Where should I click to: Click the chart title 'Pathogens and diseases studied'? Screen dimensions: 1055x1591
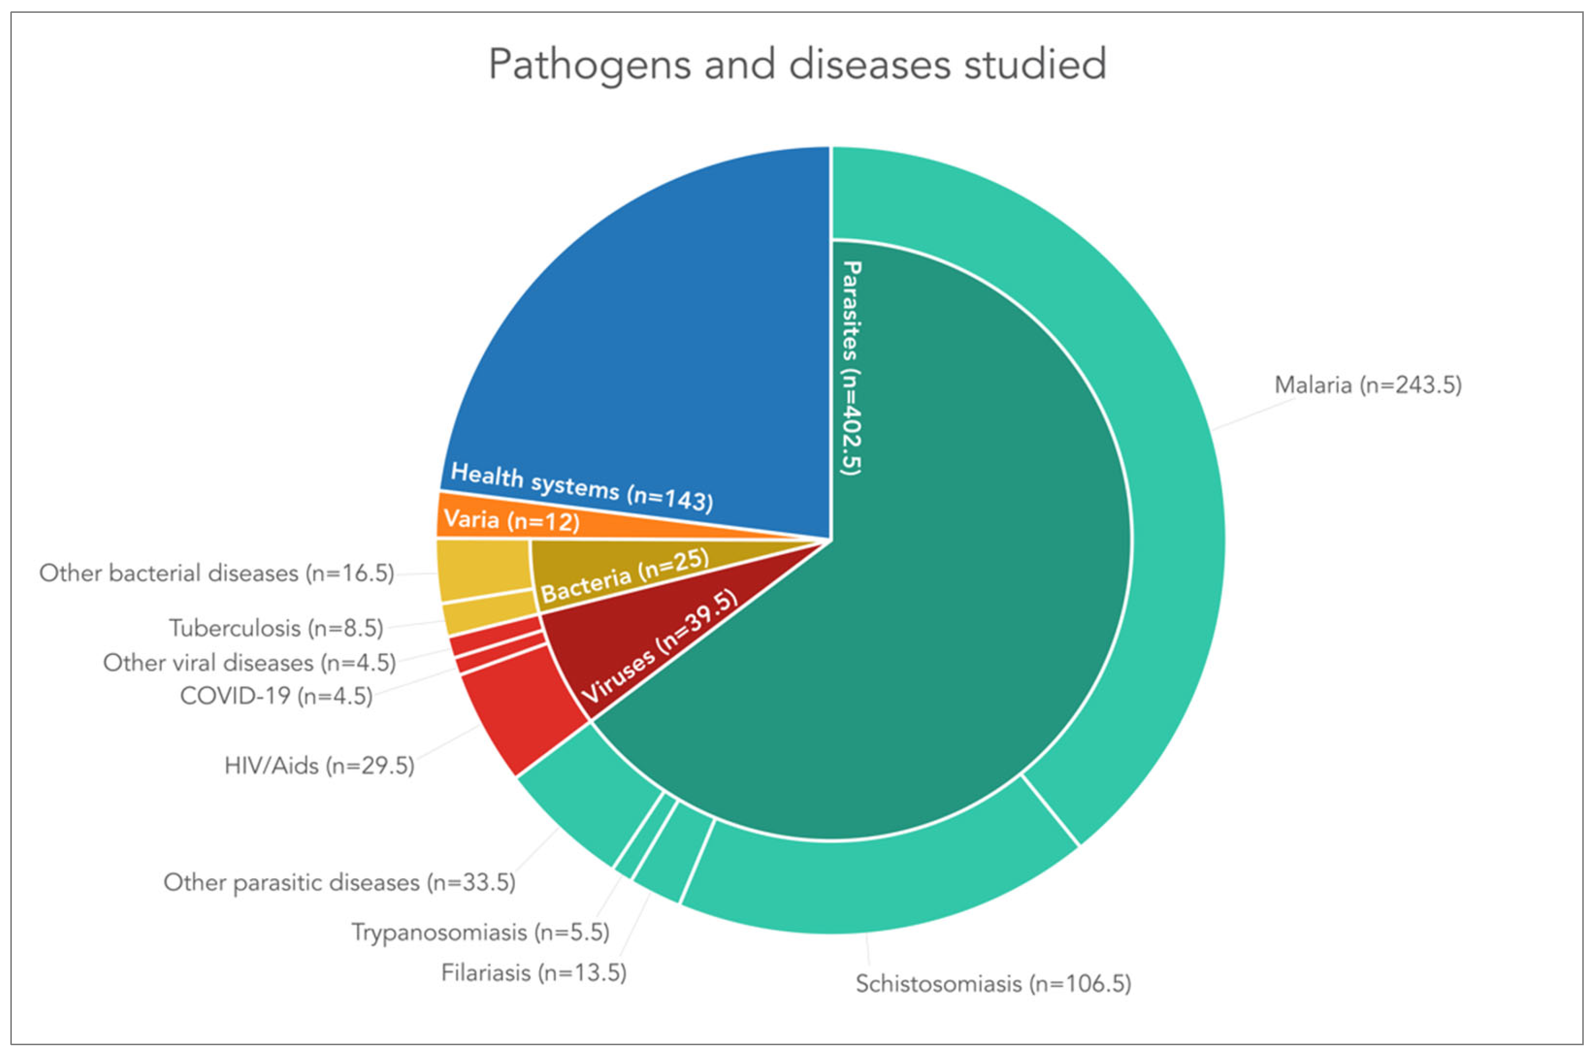tap(797, 64)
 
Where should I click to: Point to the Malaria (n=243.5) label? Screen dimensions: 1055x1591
tap(1368, 386)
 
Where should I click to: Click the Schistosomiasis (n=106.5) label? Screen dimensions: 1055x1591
tap(992, 984)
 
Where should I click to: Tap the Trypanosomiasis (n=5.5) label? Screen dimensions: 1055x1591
tap(480, 932)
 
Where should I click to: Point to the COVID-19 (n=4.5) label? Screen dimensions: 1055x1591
tap(276, 696)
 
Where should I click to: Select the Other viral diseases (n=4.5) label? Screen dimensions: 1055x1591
tap(249, 663)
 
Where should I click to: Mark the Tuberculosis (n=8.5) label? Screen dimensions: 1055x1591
tap(276, 628)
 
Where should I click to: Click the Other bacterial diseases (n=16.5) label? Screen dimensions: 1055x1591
tap(216, 573)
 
